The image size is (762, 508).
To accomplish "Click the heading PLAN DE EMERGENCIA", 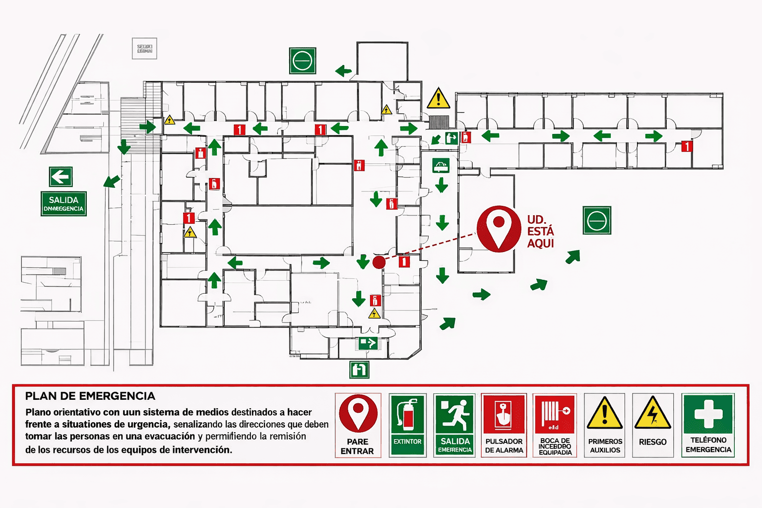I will point(90,396).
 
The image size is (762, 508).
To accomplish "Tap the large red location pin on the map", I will point(499,228).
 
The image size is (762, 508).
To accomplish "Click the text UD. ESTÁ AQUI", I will point(540,231).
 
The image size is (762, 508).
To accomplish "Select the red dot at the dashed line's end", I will point(379,262).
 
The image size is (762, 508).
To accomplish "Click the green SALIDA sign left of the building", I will point(63,204).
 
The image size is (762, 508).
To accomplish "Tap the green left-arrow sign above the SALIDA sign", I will point(61,177).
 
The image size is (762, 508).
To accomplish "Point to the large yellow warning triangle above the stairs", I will point(438,98).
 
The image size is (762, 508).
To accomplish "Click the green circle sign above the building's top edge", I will point(302,61).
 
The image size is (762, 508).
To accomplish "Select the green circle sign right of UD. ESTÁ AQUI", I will point(596,220).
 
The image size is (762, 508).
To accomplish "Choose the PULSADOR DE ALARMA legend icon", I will point(504,415).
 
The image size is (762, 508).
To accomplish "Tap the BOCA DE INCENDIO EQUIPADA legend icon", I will point(555,414).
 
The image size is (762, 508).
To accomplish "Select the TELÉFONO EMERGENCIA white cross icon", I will point(708,414).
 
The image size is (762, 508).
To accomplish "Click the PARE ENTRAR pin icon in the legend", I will point(358,414).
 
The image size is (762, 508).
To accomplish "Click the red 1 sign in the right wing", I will point(687,146).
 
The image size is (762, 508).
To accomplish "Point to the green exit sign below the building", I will point(359,370).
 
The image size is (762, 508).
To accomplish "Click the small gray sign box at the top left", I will point(144,49).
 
